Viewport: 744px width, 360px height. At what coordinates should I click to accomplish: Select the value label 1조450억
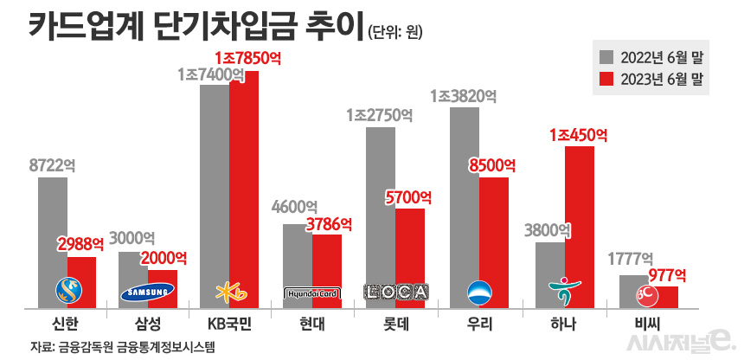578,135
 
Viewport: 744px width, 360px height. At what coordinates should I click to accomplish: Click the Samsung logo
147,292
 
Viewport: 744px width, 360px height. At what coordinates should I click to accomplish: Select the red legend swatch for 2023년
606,79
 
